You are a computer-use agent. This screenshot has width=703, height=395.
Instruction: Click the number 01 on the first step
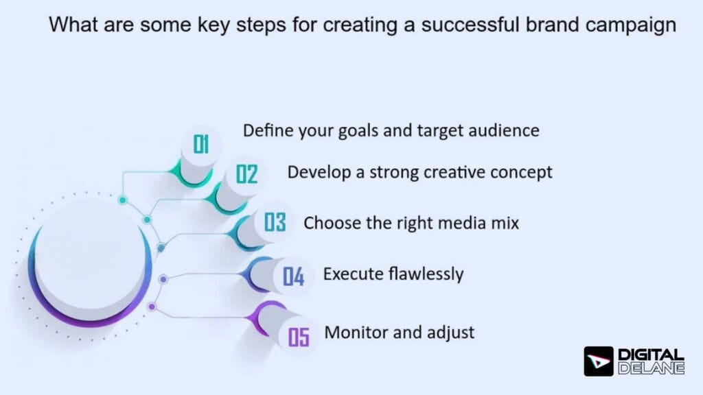201,145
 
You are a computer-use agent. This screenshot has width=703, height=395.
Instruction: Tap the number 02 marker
246,175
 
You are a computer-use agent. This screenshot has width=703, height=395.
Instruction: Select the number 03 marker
275,223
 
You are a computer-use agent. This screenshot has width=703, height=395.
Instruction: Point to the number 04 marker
293,277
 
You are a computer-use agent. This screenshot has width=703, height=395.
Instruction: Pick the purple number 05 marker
299,337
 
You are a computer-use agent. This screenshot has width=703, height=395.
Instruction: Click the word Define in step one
262,130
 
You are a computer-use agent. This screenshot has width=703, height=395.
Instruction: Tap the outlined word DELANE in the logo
652,368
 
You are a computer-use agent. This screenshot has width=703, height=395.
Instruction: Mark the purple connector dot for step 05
152,307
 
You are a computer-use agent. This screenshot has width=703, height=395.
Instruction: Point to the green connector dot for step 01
122,200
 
